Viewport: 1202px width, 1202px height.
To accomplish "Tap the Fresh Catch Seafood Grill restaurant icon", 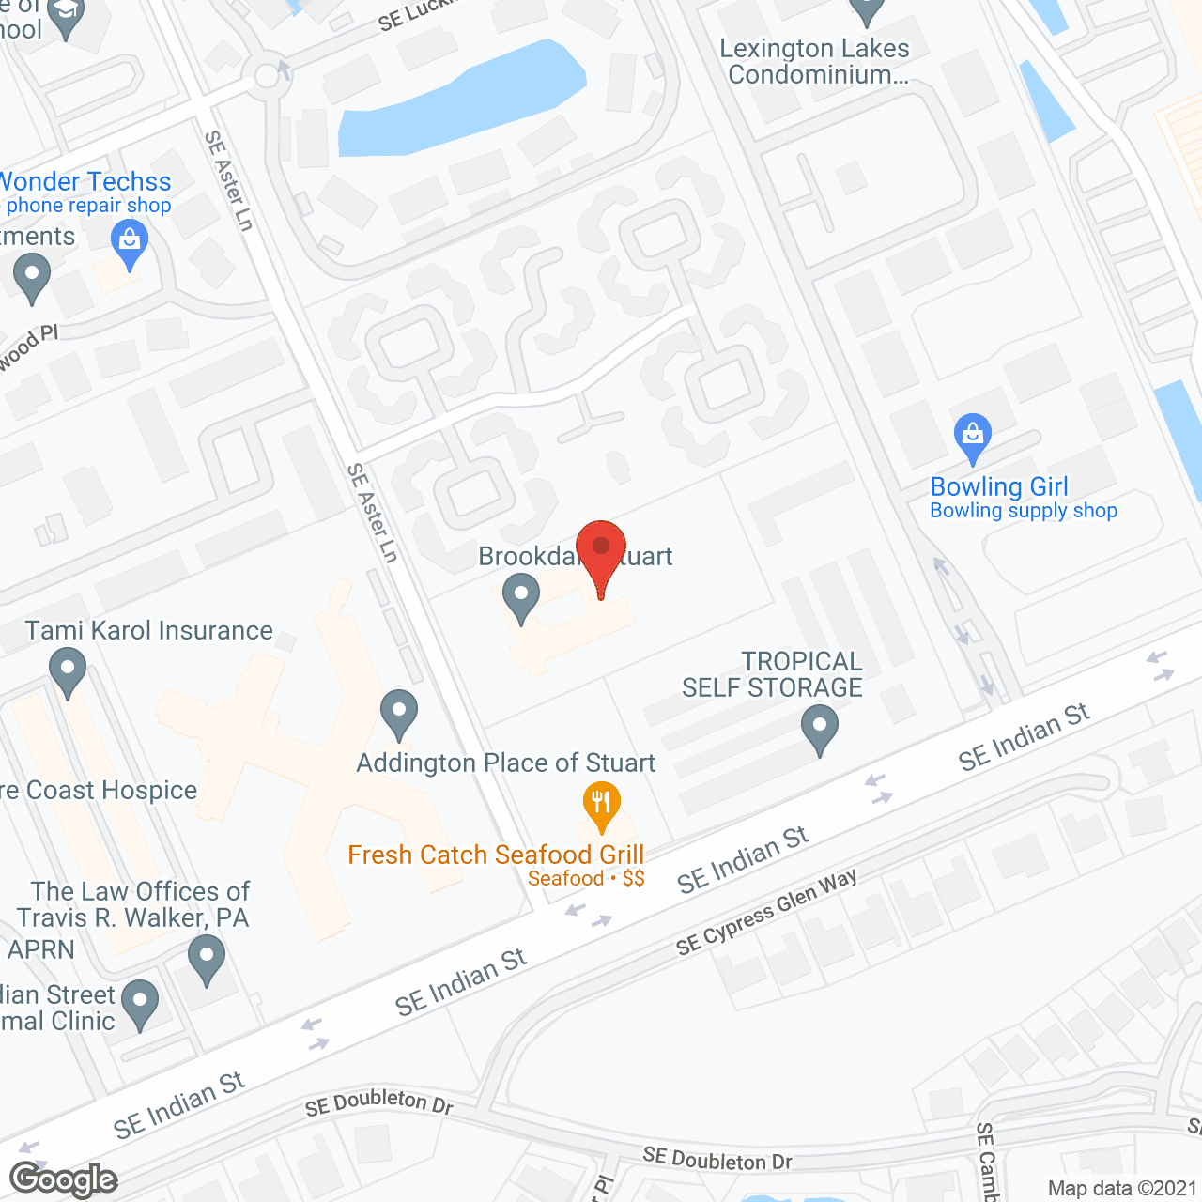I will point(601,804).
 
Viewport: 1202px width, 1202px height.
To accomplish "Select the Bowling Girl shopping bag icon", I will point(973,436).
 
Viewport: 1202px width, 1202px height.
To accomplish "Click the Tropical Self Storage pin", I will point(820,729).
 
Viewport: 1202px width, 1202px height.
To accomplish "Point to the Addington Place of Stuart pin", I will point(399,713).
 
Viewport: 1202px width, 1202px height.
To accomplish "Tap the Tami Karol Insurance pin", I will point(68,672).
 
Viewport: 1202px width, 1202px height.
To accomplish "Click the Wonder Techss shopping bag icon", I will point(130,243).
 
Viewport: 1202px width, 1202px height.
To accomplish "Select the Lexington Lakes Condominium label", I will point(814,61).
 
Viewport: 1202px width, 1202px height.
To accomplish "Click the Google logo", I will point(64,1179).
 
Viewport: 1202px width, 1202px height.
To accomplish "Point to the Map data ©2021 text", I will point(1122,1189).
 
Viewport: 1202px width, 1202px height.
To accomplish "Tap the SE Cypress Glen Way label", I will point(766,912).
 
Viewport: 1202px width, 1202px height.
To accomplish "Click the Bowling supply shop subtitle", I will point(1024,511).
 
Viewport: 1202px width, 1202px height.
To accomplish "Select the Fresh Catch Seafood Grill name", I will point(496,855).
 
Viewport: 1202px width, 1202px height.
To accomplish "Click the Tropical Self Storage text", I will point(773,674).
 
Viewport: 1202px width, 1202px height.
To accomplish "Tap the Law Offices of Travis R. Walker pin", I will point(207,959).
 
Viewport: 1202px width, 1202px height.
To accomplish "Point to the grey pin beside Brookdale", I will point(520,597).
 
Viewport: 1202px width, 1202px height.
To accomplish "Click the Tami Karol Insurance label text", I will point(149,630).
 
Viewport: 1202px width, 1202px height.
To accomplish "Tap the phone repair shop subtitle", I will point(89,206).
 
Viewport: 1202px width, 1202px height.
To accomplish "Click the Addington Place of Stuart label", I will point(505,763).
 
